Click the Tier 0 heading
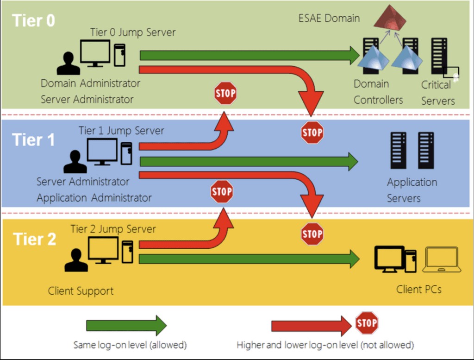pos(33,20)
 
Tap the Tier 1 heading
pos(33,140)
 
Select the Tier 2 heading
pos(34,239)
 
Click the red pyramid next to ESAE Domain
pos(390,18)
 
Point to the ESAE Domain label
pos(329,18)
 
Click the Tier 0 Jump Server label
pos(133,32)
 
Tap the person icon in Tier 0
pos(69,63)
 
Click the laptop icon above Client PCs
pos(442,259)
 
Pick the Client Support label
pos(81,291)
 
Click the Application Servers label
pos(412,190)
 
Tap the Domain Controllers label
pos(378,92)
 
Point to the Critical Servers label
pos(438,93)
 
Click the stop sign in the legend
pos(367,323)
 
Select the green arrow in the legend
pos(126,326)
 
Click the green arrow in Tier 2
pos(249,259)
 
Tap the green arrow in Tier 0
pos(249,55)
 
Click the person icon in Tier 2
pos(76,260)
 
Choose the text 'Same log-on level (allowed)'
pos(130,345)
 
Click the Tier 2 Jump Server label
pos(113,229)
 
